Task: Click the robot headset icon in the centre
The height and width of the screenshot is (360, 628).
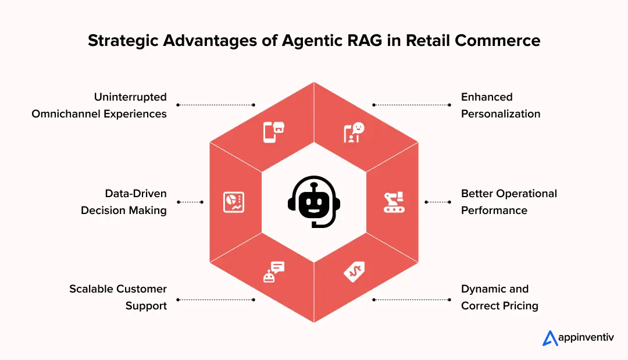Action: pyautogui.click(x=313, y=202)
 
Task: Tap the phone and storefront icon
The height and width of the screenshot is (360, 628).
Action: pyautogui.click(x=273, y=132)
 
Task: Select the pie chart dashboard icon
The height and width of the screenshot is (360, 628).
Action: pyautogui.click(x=234, y=202)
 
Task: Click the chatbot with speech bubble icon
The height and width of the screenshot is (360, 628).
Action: pyautogui.click(x=273, y=272)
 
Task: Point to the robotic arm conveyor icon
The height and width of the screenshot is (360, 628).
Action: pyautogui.click(x=394, y=202)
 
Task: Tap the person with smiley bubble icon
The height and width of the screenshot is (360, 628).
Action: pyautogui.click(x=354, y=132)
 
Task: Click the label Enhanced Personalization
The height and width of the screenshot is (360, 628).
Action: pyautogui.click(x=500, y=105)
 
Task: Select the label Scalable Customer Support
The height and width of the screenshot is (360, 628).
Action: pyautogui.click(x=119, y=297)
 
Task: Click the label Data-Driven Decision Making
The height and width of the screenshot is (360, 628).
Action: pyautogui.click(x=124, y=202)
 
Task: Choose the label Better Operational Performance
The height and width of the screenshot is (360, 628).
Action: pyautogui.click(x=509, y=202)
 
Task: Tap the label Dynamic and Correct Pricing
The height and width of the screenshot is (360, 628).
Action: pyautogui.click(x=499, y=297)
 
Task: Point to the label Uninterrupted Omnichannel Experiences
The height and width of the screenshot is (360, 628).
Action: pyautogui.click(x=99, y=105)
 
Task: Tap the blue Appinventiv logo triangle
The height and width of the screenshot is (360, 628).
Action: pyautogui.click(x=550, y=338)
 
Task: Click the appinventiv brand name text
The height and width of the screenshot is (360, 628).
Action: pyautogui.click(x=586, y=338)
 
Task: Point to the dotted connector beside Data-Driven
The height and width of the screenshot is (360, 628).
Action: pyautogui.click(x=190, y=202)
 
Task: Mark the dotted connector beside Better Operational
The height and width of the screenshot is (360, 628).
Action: pyautogui.click(x=438, y=202)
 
